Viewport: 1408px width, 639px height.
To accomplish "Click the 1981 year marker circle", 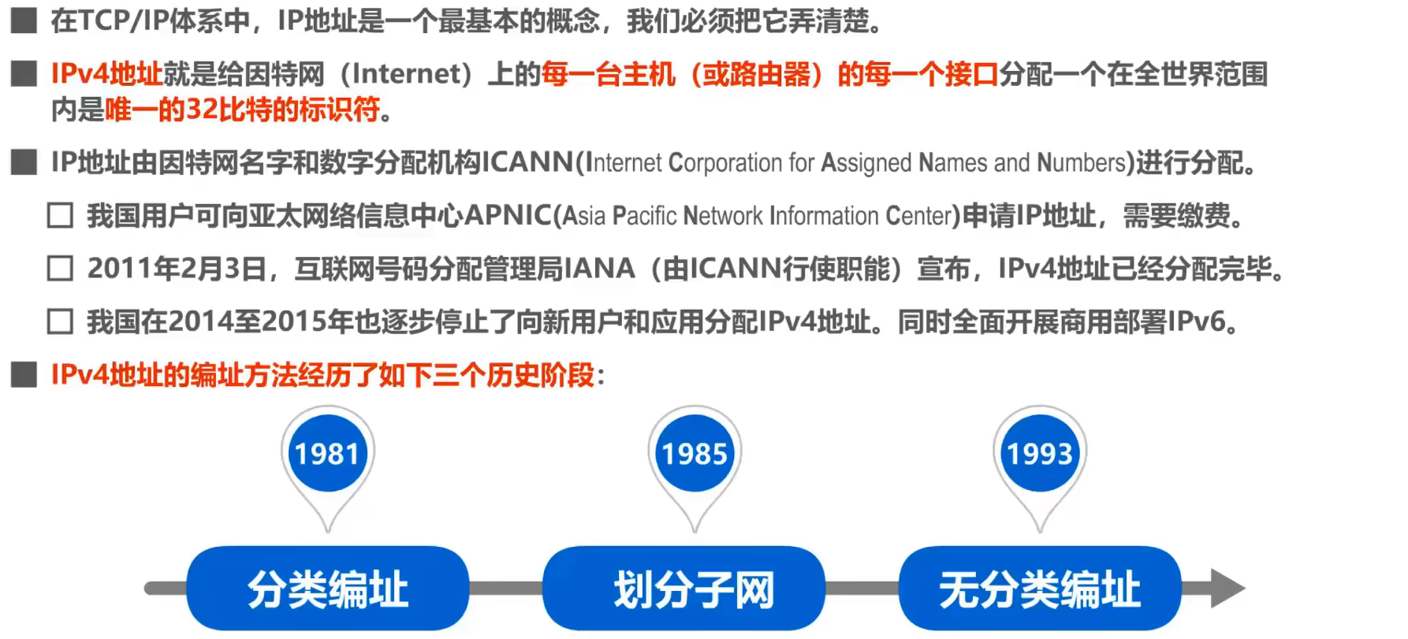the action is point(327,454).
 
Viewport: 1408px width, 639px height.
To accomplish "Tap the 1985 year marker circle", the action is point(695,454).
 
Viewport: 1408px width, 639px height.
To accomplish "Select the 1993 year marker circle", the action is point(1040,454).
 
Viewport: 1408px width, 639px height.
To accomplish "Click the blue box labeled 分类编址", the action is point(327,589).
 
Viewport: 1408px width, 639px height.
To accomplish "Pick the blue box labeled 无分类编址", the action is point(1040,589).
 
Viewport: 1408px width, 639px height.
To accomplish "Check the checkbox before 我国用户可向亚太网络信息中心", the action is point(61,215).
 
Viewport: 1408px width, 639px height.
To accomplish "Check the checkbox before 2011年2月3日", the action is point(61,269).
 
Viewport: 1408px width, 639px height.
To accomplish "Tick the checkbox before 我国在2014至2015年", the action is point(61,321).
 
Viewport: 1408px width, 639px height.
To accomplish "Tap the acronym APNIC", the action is point(508,215).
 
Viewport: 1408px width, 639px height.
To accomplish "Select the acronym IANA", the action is point(599,269).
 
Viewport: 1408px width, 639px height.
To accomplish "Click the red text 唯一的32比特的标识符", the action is point(243,110).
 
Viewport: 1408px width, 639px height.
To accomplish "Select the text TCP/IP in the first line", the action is point(119,20).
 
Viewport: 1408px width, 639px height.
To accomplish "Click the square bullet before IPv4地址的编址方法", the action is point(24,374).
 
